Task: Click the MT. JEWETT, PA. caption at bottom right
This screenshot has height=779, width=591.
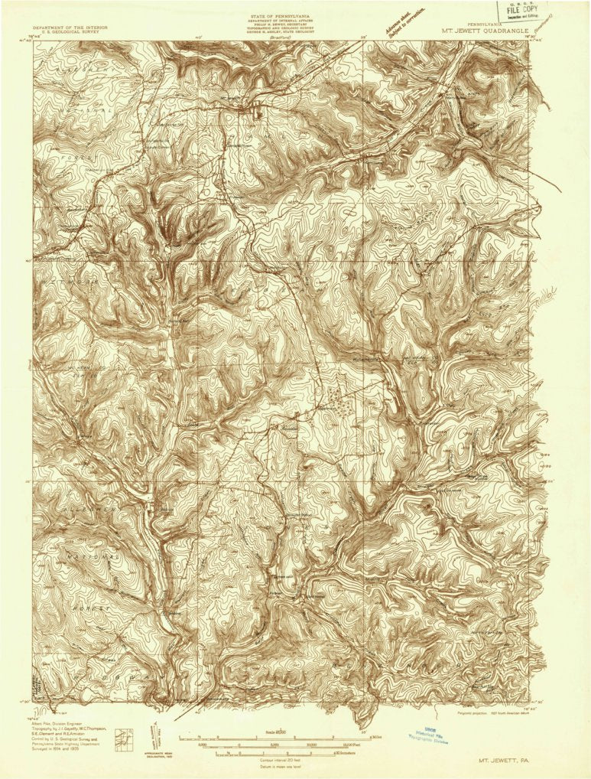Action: (502, 760)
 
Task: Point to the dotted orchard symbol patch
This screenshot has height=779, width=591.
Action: (340, 402)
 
